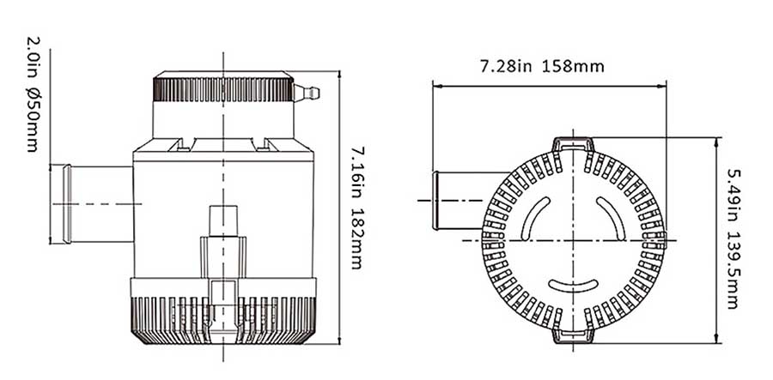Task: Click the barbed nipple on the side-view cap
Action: coord(305,91)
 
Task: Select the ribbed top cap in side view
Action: coord(223,88)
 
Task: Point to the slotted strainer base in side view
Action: coord(224,317)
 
